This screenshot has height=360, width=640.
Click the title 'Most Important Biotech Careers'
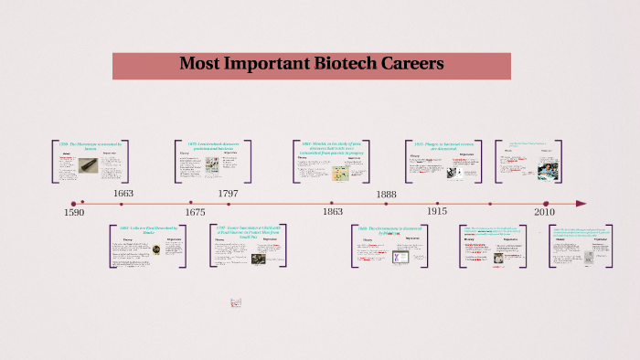pyautogui.click(x=311, y=64)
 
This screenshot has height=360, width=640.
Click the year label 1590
pyautogui.click(x=74, y=213)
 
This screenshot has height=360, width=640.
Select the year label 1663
pyautogui.click(x=123, y=194)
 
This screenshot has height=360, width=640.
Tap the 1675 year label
pyautogui.click(x=195, y=212)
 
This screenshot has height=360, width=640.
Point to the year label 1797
pyautogui.click(x=229, y=194)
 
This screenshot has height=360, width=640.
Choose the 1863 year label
pyautogui.click(x=333, y=212)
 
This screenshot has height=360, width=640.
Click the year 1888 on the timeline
pyautogui.click(x=386, y=194)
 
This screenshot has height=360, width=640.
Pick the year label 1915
pyautogui.click(x=436, y=212)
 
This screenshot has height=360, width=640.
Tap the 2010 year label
pyautogui.click(x=545, y=212)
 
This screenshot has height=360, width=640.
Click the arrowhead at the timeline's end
pyautogui.click(x=581, y=204)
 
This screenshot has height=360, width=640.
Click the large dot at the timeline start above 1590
pyautogui.click(x=73, y=204)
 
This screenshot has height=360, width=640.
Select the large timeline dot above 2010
pyautogui.click(x=546, y=204)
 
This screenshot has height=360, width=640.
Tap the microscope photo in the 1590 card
pyautogui.click(x=87, y=164)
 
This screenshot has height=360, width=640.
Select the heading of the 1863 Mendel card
pyautogui.click(x=332, y=147)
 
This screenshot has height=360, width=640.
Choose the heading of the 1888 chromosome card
pyautogui.click(x=389, y=230)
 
